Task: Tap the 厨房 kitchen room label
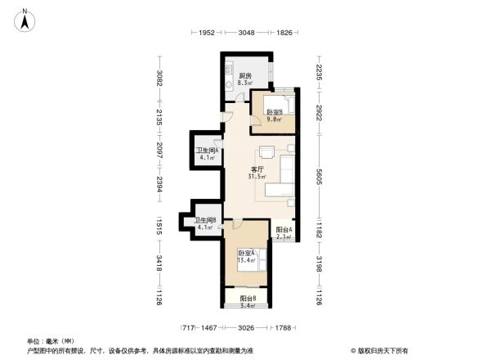click(x=244, y=76)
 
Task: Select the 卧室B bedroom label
click(x=275, y=112)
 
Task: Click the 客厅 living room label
click(x=256, y=169)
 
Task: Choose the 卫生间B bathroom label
click(x=204, y=221)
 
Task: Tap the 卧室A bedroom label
click(x=247, y=254)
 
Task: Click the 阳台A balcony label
click(x=284, y=231)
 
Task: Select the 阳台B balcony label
click(x=248, y=299)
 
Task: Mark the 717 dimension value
click(x=188, y=327)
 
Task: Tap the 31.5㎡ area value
click(x=256, y=177)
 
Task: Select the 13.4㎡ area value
click(x=247, y=260)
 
